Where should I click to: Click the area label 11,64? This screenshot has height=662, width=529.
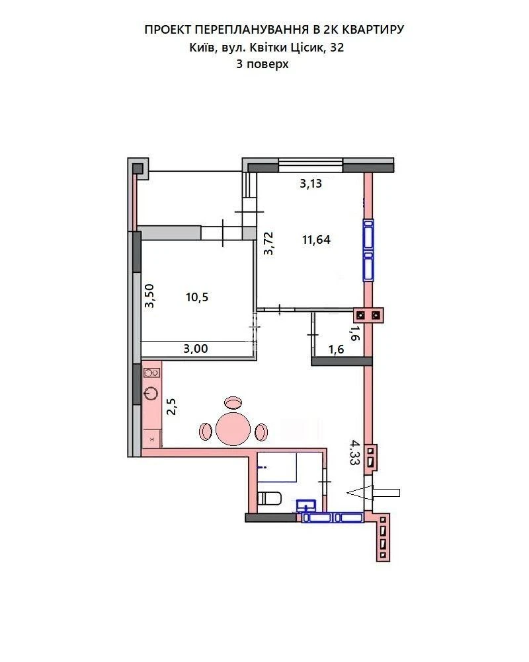pos(316,240)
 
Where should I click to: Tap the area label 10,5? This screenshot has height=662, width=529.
pos(197,297)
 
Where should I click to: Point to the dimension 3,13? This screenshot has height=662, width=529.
pos(311,184)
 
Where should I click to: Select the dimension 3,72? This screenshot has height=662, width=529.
pos(268,244)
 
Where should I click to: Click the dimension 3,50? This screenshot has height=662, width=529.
pos(149,296)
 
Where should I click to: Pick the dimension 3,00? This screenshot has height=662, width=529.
pos(196,349)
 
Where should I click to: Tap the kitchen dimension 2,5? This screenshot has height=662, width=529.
pos(171,406)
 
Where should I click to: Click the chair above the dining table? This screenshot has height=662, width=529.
pos(233,402)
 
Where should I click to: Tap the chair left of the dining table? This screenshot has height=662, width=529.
pos(206,431)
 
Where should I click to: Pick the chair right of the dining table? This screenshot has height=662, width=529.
pos(261,431)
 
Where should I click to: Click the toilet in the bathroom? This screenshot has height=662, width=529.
pos(269,498)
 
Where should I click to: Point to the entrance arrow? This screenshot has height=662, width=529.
pos(374,493)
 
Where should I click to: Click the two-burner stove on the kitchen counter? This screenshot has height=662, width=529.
pos(151,373)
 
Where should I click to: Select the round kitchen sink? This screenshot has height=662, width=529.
pos(151,393)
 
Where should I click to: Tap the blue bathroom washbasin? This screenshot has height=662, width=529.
pos(306,505)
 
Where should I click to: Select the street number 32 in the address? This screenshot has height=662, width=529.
pos(337,48)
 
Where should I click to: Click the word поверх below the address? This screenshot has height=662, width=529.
pos(267,65)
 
